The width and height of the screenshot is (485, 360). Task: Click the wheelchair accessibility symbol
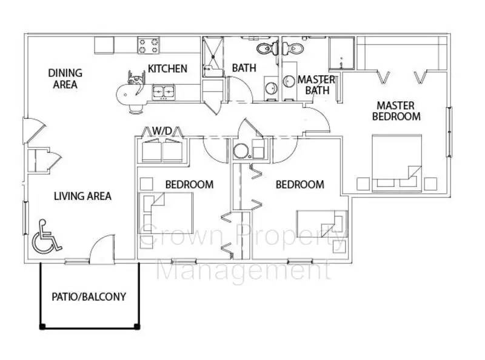click(45, 237)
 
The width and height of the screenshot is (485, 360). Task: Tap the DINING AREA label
click(65, 79)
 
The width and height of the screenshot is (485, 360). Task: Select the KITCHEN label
click(167, 68)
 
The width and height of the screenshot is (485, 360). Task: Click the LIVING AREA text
click(82, 196)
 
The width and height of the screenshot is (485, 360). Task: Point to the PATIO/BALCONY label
click(89, 297)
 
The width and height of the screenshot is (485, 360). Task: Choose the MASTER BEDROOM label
click(396, 110)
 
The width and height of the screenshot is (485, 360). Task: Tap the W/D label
click(162, 130)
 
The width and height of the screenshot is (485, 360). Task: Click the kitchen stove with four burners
click(148, 45)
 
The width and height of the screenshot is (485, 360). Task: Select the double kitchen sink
click(162, 92)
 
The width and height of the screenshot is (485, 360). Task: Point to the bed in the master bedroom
click(398, 161)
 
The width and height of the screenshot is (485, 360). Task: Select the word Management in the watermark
click(242, 270)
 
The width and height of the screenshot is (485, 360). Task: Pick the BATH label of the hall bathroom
click(244, 68)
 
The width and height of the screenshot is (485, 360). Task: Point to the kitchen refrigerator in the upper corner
click(104, 45)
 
